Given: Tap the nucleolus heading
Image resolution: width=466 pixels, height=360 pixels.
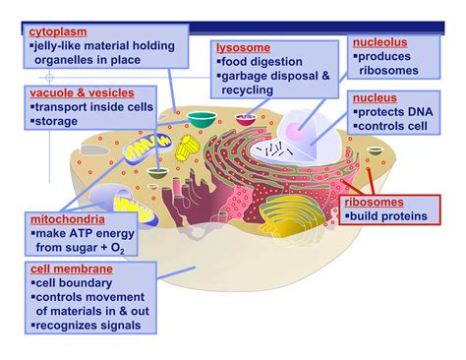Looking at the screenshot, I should pyautogui.click(x=378, y=43).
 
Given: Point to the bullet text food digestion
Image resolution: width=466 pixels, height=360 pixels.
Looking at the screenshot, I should pyautogui.click(x=262, y=61).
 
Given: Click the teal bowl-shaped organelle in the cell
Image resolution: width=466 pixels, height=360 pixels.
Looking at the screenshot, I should pyautogui.click(x=202, y=120).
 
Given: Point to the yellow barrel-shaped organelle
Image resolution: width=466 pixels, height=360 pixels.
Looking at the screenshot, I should pyautogui.click(x=189, y=150).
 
